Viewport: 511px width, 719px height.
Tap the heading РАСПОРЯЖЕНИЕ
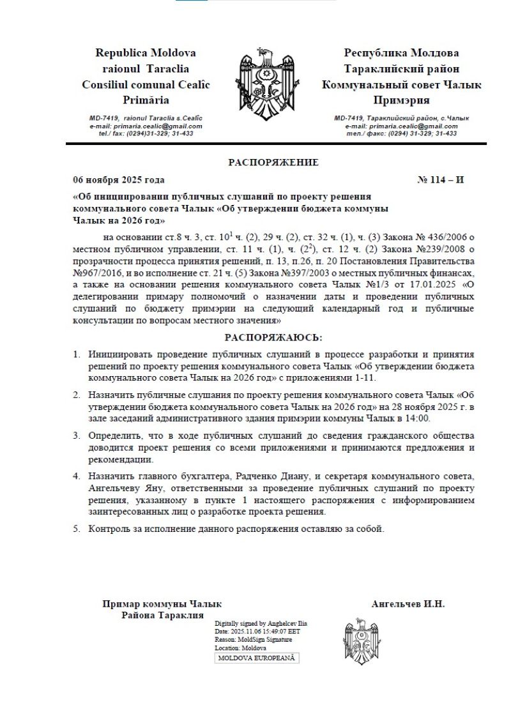(273, 162)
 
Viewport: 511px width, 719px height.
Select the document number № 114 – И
(440, 180)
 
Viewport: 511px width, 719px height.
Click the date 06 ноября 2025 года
(119, 180)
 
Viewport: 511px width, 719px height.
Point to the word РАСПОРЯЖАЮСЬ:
(273, 337)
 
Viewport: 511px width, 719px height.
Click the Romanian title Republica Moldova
(146, 53)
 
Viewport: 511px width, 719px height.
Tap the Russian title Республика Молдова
(401, 53)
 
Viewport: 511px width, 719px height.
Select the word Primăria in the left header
(146, 100)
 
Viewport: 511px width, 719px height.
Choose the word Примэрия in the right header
(401, 100)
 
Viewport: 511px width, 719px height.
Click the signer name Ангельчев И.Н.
(408, 603)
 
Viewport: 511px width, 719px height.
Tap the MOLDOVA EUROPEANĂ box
(257, 658)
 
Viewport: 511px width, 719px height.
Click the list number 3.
(76, 436)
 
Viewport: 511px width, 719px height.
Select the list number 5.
(76, 529)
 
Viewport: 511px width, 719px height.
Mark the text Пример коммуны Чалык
(162, 603)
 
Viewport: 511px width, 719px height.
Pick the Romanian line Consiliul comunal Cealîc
(146, 84)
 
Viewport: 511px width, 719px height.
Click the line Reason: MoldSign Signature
(254, 639)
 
